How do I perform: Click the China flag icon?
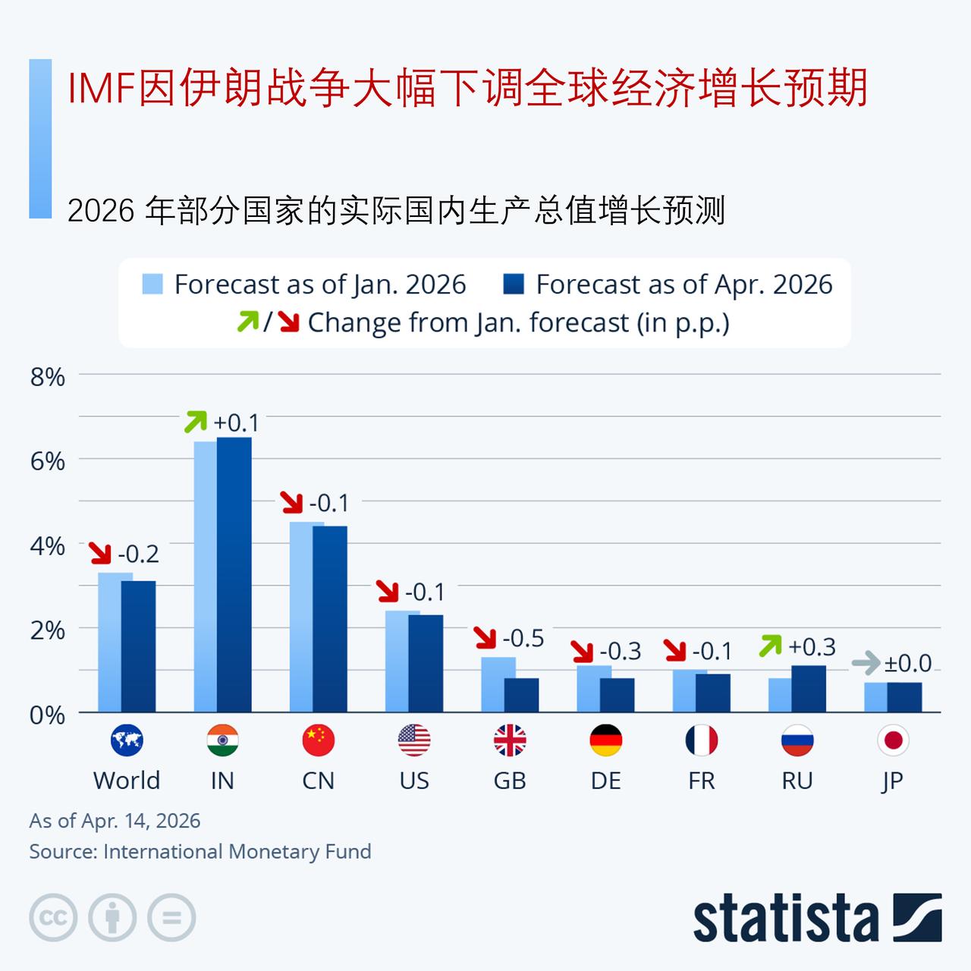[x=318, y=740]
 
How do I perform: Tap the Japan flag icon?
[x=893, y=740]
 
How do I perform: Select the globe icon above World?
[x=127, y=740]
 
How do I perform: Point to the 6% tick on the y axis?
[x=47, y=460]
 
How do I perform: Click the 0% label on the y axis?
[x=47, y=715]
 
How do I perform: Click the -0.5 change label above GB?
[x=523, y=639]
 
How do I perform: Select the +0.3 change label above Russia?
[x=812, y=647]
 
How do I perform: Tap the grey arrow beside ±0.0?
[x=866, y=663]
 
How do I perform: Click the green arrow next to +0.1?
[x=196, y=422]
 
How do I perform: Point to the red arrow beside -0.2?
[x=100, y=553]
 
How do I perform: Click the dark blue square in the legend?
[x=514, y=284]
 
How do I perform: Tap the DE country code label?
[x=605, y=781]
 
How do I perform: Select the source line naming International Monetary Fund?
[x=200, y=852]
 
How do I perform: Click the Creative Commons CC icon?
[x=53, y=918]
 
